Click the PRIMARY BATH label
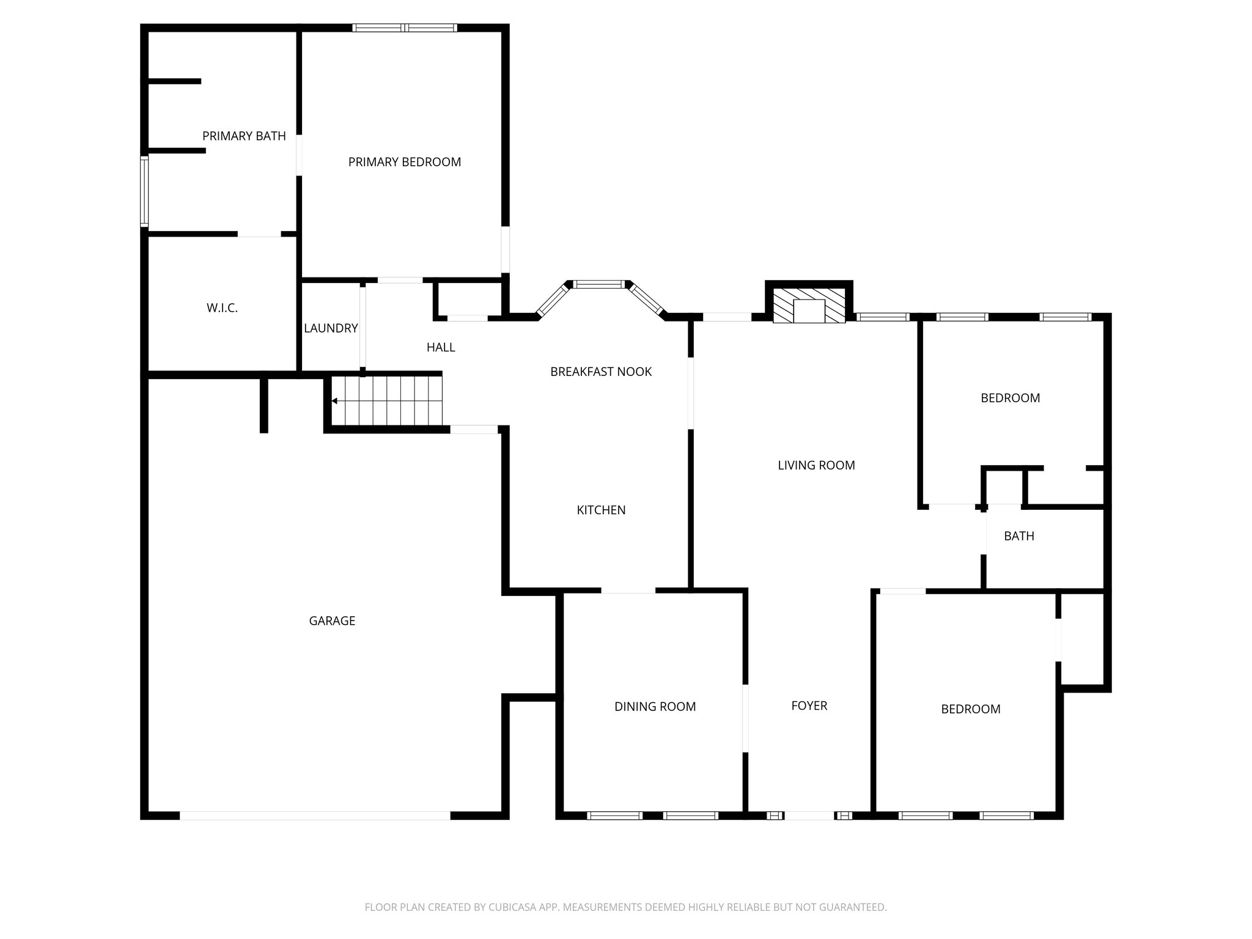[244, 136]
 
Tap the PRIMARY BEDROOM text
[404, 162]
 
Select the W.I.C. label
[222, 308]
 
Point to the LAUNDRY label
[331, 328]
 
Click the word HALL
[440, 347]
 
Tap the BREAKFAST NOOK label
[601, 372]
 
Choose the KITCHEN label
[601, 510]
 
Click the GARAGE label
[332, 621]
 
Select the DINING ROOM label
[655, 707]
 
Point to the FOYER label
[809, 705]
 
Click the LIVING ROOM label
[816, 465]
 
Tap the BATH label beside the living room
[1019, 536]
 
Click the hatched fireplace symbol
[809, 305]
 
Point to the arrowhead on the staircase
[334, 401]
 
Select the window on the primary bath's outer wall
[144, 191]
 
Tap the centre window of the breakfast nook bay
[599, 284]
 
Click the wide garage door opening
[315, 815]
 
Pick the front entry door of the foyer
[808, 815]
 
